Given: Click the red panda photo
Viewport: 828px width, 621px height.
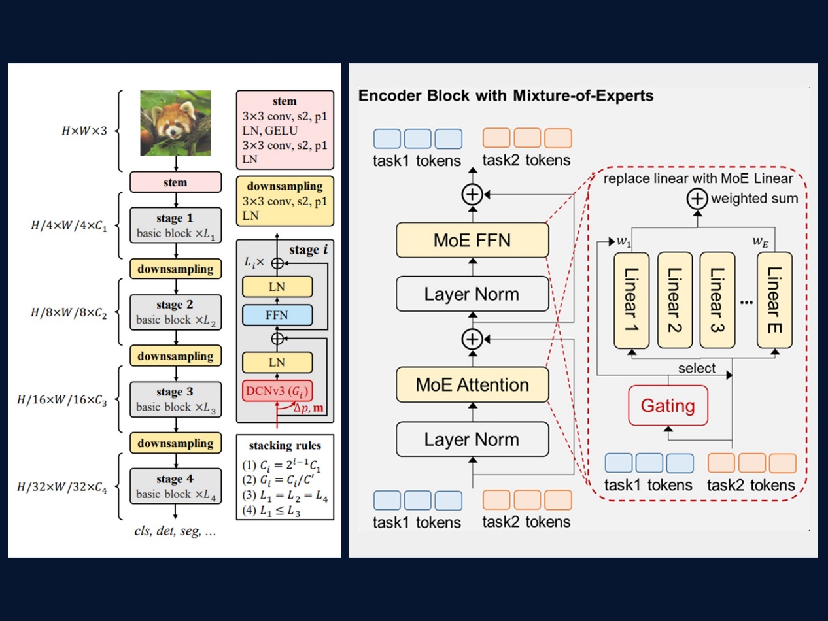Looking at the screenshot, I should [x=175, y=123].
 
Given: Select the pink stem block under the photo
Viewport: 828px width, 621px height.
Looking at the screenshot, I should [x=175, y=182].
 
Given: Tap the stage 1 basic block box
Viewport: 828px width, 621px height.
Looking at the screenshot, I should [x=175, y=225].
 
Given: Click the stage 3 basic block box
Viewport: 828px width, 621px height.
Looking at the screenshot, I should [x=175, y=399].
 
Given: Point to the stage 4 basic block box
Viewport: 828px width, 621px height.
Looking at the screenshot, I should [x=175, y=486].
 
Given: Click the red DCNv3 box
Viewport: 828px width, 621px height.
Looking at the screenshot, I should [x=277, y=392].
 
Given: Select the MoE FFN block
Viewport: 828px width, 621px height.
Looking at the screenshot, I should [x=472, y=240].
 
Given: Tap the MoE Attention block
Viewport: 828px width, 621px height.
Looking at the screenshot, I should [x=472, y=384].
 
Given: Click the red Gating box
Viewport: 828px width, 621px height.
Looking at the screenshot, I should [x=667, y=405].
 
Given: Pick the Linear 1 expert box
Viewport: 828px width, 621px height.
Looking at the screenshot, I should [x=631, y=299].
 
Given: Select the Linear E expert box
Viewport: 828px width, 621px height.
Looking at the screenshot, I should [x=774, y=299].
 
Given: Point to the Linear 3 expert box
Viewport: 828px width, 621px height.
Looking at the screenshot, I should [x=717, y=299].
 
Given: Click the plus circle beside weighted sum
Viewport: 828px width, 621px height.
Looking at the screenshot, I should [x=697, y=198].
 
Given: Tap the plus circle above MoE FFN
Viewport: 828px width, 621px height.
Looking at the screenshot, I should [x=472, y=195].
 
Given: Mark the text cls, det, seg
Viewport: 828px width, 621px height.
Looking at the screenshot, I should [x=175, y=531].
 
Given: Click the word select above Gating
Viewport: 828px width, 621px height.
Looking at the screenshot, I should [x=697, y=369].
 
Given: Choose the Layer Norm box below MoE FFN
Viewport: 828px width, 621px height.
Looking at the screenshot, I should [x=472, y=294].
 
